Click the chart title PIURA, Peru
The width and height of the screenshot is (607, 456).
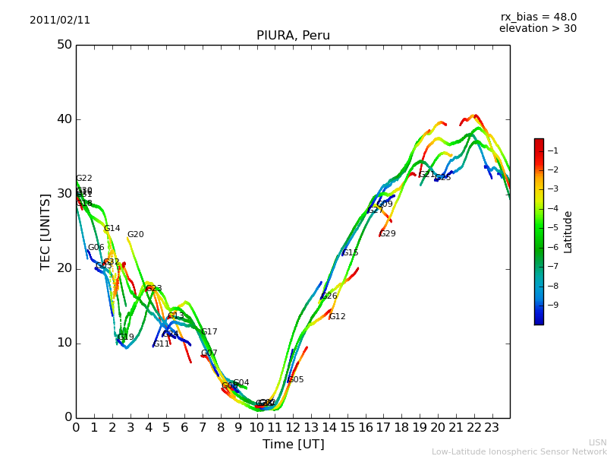293,36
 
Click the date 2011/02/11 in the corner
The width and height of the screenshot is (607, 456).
60,21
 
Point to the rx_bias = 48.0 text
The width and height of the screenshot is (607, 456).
538,17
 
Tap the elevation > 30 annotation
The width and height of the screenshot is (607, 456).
537,29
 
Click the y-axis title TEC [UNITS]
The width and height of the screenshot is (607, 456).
46,231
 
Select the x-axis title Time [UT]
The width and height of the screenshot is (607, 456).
293,444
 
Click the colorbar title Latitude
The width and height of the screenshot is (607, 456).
568,232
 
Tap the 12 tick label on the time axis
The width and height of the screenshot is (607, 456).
293,428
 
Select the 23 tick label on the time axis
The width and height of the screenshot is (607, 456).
492,428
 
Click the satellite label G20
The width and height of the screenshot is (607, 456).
135,235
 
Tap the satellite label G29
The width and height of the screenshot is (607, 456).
387,234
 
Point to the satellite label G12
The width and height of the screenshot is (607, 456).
337,317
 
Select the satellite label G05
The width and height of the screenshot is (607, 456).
295,380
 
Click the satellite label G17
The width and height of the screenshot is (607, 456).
209,332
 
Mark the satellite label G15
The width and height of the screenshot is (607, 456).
350,253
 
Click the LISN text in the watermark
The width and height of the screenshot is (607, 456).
598,442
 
